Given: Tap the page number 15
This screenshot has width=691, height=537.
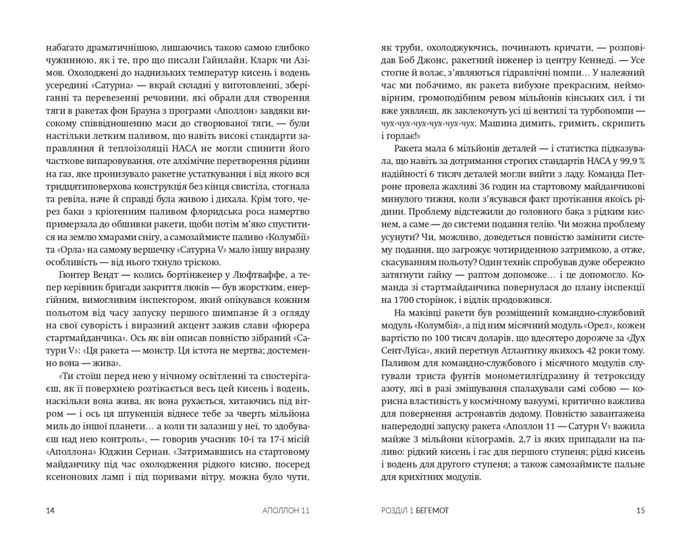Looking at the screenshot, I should pyautogui.click(x=641, y=510).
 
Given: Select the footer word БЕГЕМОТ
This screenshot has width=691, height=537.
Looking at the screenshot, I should pyautogui.click(x=428, y=510).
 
